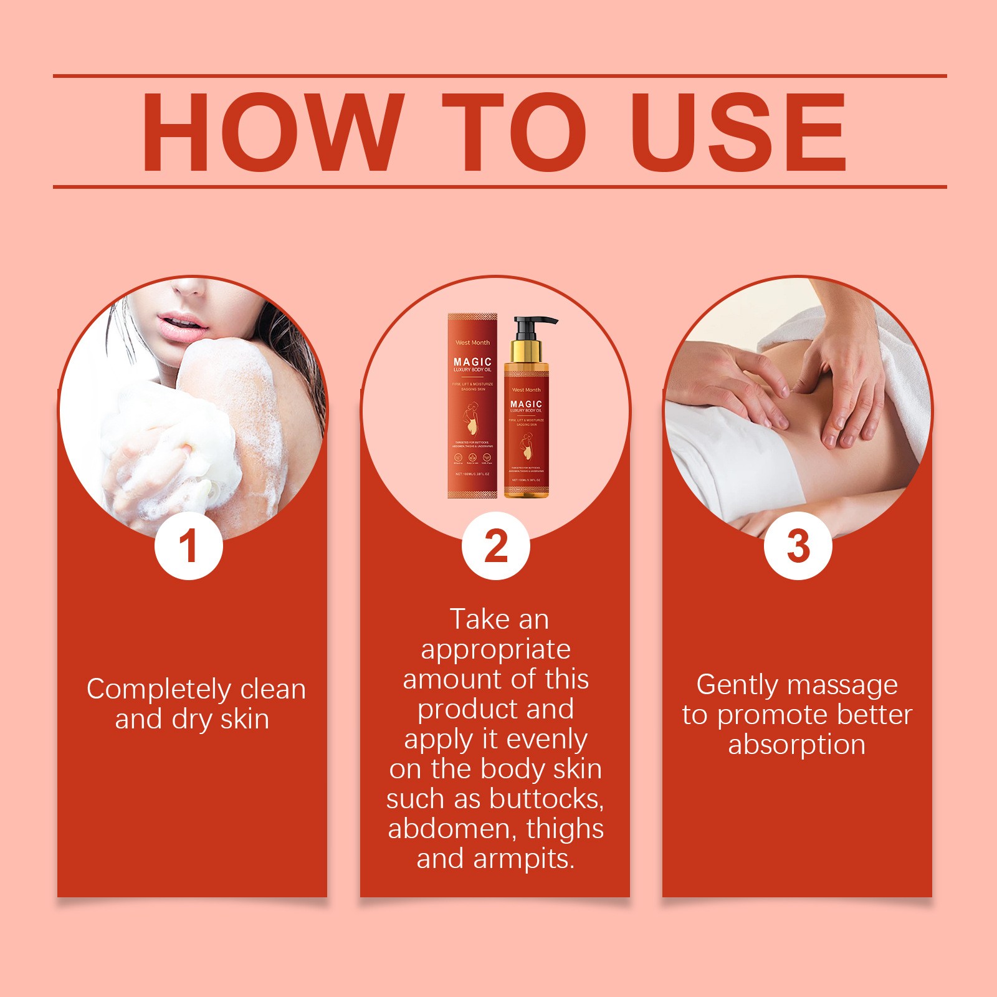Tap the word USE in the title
click(740, 132)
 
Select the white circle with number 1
click(188, 546)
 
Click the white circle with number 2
click(495, 546)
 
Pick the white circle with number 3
click(798, 546)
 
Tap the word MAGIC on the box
click(472, 362)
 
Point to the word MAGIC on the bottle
click(526, 404)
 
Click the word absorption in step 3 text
click(797, 745)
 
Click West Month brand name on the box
click(472, 343)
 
